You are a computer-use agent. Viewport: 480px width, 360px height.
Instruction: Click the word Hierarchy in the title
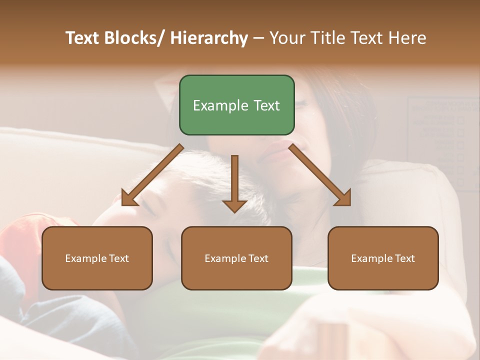pos(209,38)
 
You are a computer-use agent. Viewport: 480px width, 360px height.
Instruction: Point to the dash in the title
pos(258,38)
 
